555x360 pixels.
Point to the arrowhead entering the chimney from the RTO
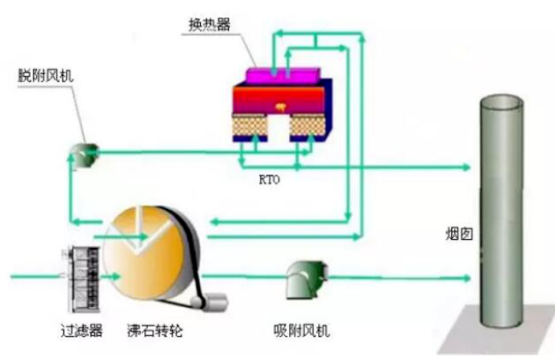pyautogui.click(x=465, y=166)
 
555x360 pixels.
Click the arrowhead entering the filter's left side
pyautogui.click(x=56, y=274)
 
